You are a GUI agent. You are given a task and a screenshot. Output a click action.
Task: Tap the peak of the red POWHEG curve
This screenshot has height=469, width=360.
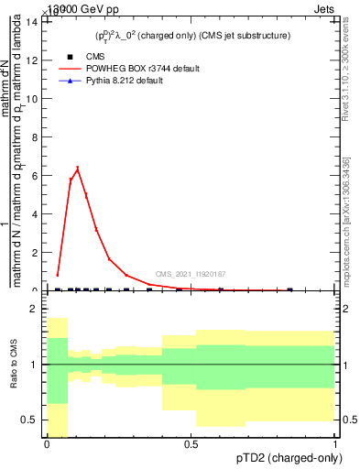pyautogui.click(x=78, y=168)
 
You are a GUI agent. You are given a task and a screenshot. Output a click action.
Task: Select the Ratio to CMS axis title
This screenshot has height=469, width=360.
pyautogui.click(x=14, y=377)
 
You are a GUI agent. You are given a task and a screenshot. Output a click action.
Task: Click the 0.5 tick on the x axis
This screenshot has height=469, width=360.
pyautogui.click(x=191, y=443)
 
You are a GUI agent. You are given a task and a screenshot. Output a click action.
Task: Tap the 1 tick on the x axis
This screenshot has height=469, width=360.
pyautogui.click(x=335, y=443)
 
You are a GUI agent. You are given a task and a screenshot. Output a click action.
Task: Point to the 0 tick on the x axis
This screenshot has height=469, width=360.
pyautogui.click(x=47, y=443)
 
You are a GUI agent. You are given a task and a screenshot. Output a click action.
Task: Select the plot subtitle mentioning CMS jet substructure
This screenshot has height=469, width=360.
pyautogui.click(x=191, y=36)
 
